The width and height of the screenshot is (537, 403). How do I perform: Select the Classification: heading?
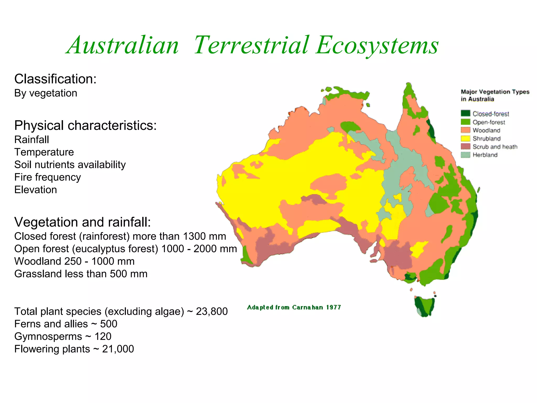tap(55, 79)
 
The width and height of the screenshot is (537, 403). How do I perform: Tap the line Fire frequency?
tap(47, 177)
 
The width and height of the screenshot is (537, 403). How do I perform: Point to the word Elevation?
tap(35, 190)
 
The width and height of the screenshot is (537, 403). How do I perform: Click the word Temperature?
tap(44, 152)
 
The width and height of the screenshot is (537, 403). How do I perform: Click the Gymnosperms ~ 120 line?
tap(63, 336)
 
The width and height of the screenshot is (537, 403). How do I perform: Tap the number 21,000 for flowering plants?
tap(118, 349)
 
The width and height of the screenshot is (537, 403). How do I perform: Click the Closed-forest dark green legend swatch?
tap(465, 113)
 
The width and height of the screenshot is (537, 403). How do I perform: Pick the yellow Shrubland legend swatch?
tap(465, 138)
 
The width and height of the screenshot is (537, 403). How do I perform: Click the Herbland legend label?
tap(485, 155)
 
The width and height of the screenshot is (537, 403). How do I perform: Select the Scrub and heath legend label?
tap(495, 147)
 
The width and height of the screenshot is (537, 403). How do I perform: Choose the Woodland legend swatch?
tap(465, 130)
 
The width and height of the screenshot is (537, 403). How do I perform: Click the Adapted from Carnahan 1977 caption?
tap(294, 307)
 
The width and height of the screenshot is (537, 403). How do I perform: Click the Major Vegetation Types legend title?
tap(495, 95)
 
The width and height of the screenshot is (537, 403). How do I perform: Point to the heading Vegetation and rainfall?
tap(83, 222)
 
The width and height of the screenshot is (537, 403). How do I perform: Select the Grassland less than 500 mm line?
tap(81, 274)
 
